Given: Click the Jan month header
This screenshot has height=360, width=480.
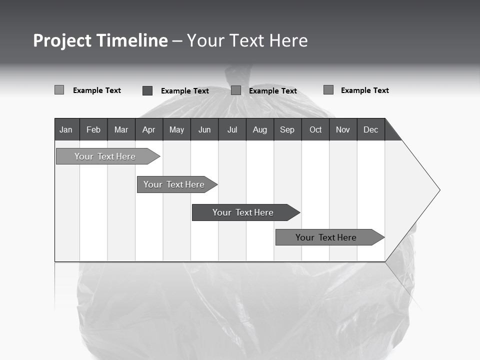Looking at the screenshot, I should click(66, 129).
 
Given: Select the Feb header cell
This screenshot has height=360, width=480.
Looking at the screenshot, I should click(93, 129).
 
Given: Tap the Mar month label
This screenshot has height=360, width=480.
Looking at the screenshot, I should click(121, 129).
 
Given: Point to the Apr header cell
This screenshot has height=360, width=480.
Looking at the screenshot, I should click(148, 129).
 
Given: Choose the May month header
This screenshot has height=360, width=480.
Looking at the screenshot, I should click(176, 129).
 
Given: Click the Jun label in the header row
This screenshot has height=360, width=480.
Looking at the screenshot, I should click(204, 129).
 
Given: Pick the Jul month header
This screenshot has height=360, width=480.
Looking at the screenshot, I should click(232, 129).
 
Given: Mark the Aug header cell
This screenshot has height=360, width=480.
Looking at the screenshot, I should click(260, 129).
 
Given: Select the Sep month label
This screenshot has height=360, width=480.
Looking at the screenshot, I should click(287, 129).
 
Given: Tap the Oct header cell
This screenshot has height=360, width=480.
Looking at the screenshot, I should click(315, 129).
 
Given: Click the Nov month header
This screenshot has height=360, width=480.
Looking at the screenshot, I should click(343, 129).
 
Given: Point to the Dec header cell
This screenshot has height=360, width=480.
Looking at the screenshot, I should click(371, 129).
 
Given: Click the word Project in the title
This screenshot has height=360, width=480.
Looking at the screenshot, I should click(62, 40).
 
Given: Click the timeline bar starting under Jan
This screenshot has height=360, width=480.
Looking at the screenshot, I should click(105, 156).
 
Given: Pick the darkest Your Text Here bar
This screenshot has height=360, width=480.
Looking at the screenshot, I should click(243, 212).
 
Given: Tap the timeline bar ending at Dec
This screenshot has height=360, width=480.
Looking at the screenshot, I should click(326, 237).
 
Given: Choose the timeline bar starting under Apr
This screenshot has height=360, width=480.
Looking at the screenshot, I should click(174, 184).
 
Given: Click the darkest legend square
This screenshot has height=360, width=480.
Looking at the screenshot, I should click(147, 90).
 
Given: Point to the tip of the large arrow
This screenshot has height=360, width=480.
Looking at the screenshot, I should click(438, 190).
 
